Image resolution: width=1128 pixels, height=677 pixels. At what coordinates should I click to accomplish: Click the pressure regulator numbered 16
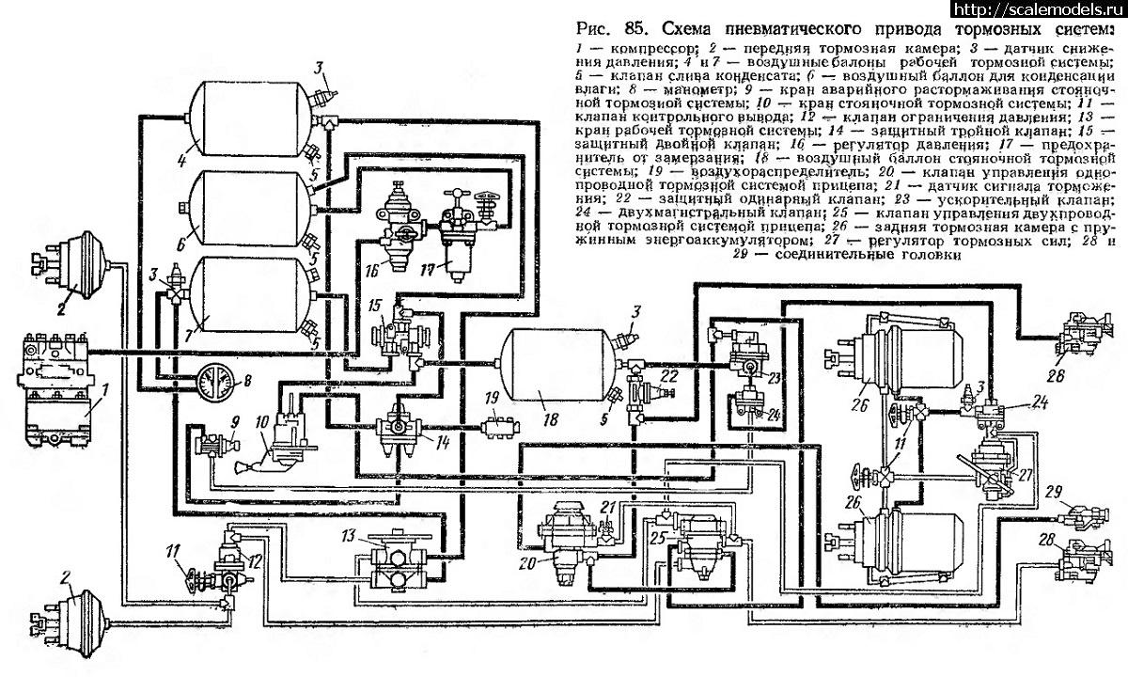[395, 230]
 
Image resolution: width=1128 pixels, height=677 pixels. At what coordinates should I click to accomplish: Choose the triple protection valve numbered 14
[396, 432]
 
